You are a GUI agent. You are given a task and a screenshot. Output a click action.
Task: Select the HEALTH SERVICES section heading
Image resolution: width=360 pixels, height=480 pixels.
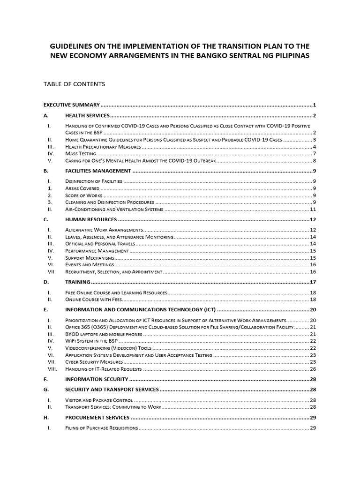click(x=87, y=116)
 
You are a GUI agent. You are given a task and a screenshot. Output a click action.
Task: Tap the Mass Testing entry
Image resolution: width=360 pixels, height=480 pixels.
click(x=81, y=154)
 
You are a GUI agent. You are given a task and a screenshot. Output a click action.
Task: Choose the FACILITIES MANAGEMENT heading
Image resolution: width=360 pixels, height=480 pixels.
click(x=97, y=171)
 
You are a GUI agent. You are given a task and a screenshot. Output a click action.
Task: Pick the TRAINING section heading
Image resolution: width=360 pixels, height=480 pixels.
click(x=77, y=282)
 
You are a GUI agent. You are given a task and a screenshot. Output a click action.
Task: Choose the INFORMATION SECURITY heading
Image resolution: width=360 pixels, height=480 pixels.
click(x=97, y=379)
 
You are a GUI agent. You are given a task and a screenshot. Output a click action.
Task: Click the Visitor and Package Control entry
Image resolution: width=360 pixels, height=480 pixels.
click(x=99, y=400)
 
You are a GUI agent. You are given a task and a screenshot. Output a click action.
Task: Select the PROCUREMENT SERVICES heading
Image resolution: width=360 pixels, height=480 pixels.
click(x=97, y=418)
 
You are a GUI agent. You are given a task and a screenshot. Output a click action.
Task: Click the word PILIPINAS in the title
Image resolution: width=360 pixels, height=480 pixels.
click(x=286, y=56)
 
